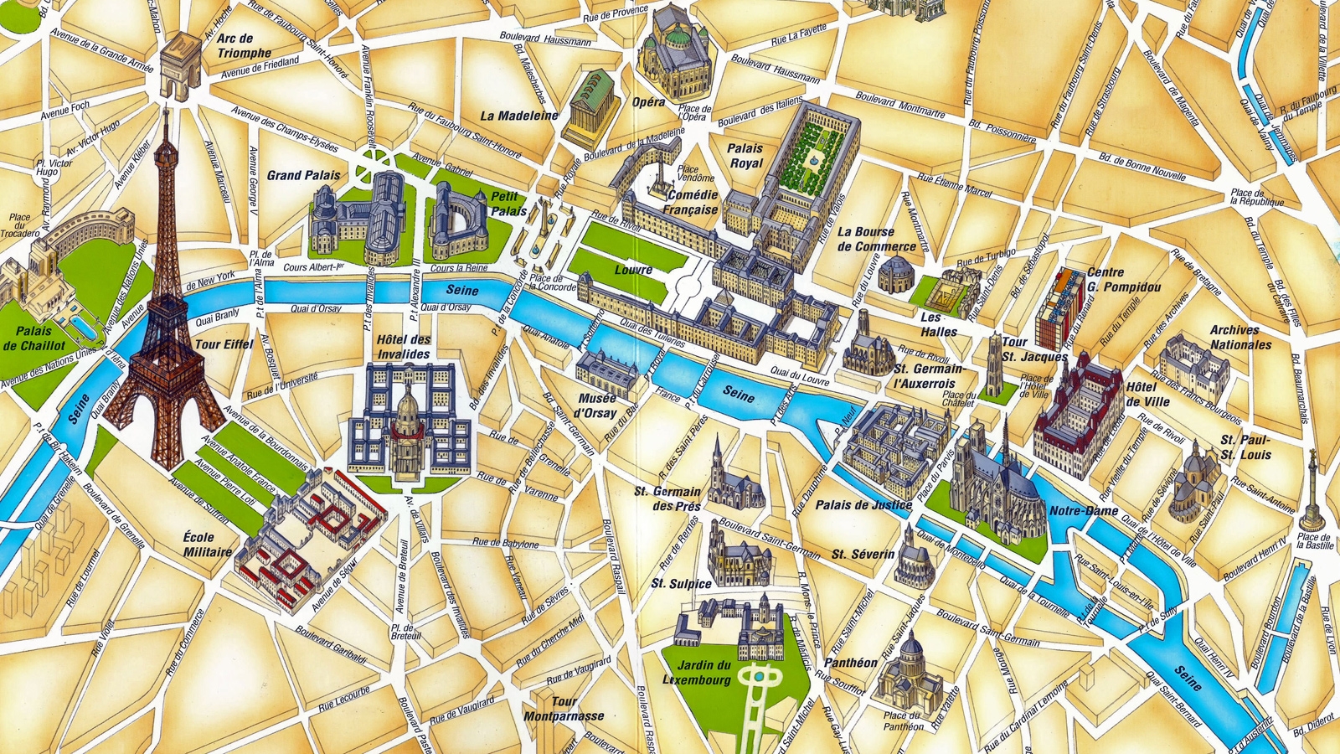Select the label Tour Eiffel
click(x=224, y=344)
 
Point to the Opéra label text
click(x=648, y=102)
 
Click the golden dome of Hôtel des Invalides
click(x=408, y=410)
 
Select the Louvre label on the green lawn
click(x=633, y=270)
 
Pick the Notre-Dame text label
click(x=1084, y=510)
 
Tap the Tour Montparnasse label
click(x=564, y=709)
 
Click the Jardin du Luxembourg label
click(x=703, y=673)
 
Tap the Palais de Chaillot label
click(x=34, y=338)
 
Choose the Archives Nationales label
click(x=1239, y=337)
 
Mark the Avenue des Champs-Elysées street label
click(x=285, y=130)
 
